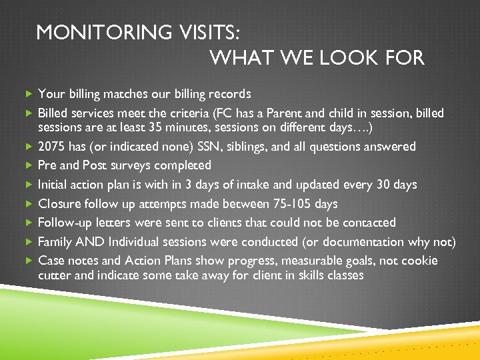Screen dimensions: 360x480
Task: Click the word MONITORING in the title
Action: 92,33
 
